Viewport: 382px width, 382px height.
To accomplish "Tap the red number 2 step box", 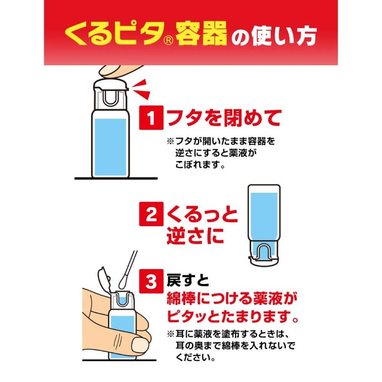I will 152,217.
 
